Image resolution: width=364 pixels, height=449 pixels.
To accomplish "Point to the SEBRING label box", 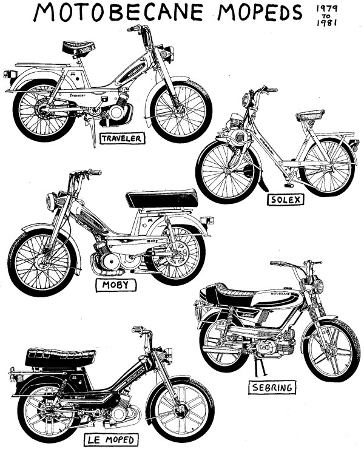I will [x=274, y=387].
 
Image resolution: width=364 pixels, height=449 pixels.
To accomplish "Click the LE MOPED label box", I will [x=118, y=439].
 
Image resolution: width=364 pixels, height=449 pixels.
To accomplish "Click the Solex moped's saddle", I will [x=310, y=115].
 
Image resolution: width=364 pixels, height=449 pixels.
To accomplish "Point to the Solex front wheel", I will [x=228, y=170].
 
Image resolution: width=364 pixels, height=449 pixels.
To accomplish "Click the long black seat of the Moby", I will [x=162, y=198].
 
